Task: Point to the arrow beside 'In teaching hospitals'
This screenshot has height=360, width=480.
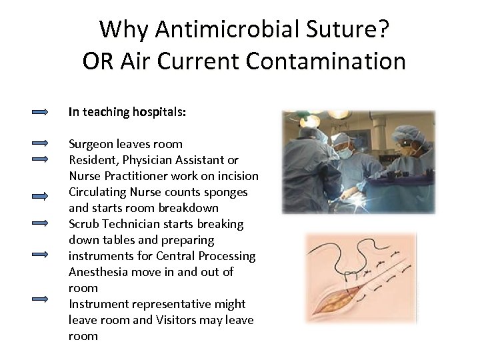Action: tap(41, 112)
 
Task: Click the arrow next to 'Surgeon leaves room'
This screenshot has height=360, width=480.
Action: tap(41, 143)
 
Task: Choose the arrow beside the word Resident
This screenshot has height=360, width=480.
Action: tap(41, 159)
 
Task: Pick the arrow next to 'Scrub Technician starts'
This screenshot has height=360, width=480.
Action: tap(41, 223)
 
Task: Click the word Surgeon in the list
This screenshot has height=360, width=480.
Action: tap(92, 144)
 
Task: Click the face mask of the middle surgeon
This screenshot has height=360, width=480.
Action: tap(345, 153)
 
